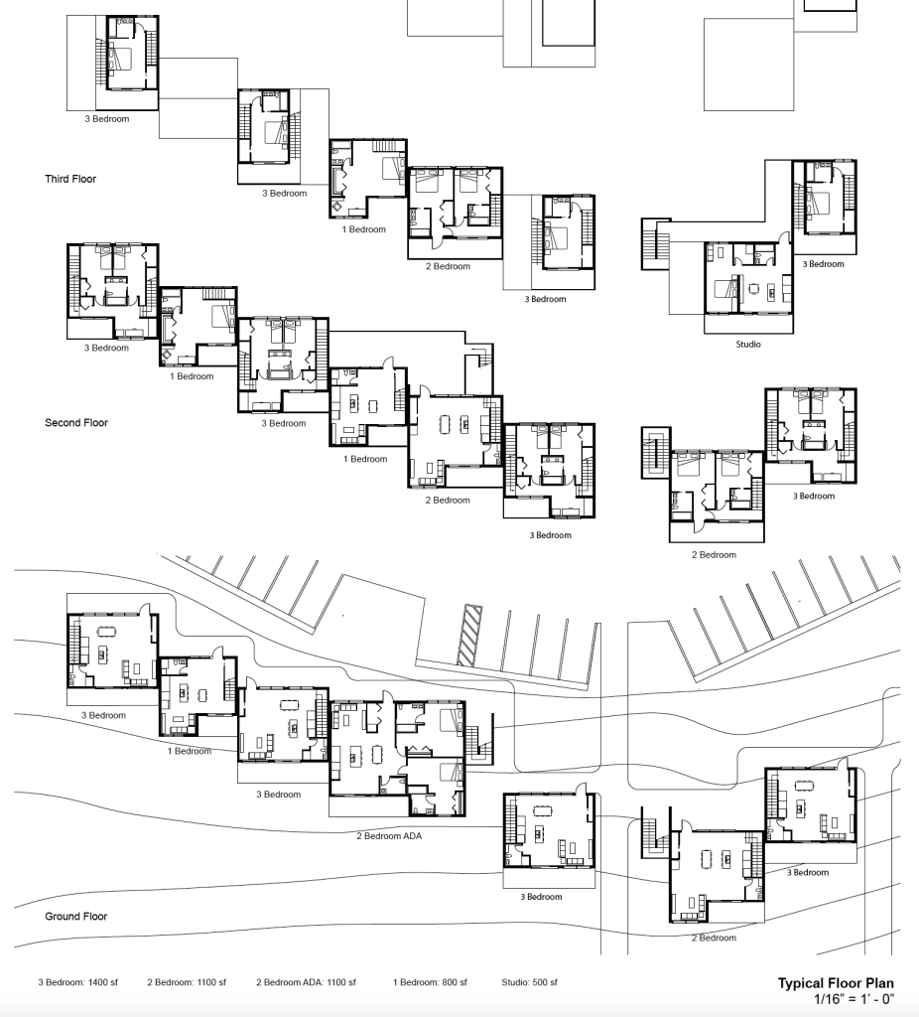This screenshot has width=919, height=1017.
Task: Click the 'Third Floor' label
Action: coord(70,179)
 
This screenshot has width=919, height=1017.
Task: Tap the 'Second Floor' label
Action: coord(75,422)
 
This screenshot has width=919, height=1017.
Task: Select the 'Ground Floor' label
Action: coord(75,917)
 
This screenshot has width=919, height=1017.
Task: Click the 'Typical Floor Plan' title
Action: coord(835,983)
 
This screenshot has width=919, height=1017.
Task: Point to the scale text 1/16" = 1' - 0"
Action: coord(853,998)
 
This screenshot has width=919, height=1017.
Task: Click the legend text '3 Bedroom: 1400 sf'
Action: coord(77,982)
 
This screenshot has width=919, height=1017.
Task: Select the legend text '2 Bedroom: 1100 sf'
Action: coord(187,982)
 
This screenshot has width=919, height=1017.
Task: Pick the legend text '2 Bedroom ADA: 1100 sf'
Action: coord(306,982)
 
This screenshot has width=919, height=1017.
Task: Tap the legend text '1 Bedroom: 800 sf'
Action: coord(431,982)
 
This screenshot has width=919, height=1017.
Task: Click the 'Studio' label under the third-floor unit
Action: coord(748,345)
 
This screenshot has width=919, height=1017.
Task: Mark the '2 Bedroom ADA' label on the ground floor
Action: coord(389,836)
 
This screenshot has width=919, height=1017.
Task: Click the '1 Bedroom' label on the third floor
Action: coord(363,229)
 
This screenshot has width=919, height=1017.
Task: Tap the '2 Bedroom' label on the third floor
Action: coord(448,266)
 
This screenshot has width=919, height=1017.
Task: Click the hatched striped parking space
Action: coord(467,636)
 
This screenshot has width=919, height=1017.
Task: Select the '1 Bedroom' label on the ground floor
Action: coord(189,751)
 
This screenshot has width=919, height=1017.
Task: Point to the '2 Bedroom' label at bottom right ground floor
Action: coord(714,938)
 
